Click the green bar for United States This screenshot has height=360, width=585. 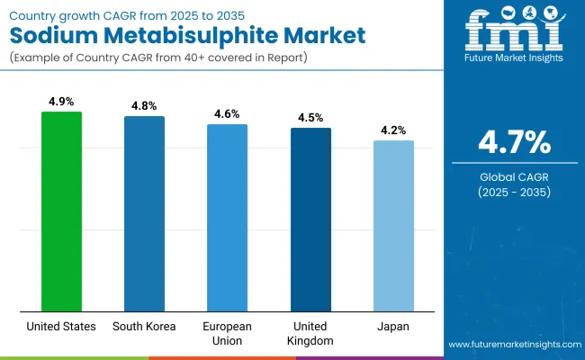61,211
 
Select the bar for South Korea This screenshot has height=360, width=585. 144,213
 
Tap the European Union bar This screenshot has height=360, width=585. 228,217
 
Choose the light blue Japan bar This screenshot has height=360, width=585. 393,225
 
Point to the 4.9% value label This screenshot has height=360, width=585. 61,103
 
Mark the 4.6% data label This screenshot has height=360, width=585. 228,115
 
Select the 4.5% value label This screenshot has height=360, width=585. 310,119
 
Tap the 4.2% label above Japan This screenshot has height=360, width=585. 393,131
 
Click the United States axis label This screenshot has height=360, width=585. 61,327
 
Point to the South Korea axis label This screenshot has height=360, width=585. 144,327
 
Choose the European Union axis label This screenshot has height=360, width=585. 228,334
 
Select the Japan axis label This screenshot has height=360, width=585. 393,327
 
